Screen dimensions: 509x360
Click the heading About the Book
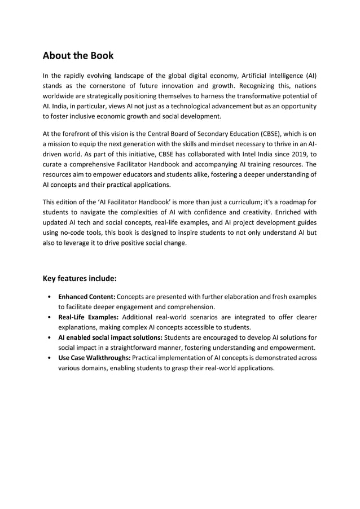pyautogui.click(x=78, y=55)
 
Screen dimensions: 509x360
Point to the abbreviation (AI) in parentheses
pyautogui.click(x=311, y=76)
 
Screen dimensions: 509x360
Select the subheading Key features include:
pyautogui.click(x=80, y=278)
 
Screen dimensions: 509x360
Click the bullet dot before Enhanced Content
pyautogui.click(x=51, y=297)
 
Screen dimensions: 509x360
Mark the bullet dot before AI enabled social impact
pyautogui.click(x=51, y=337)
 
